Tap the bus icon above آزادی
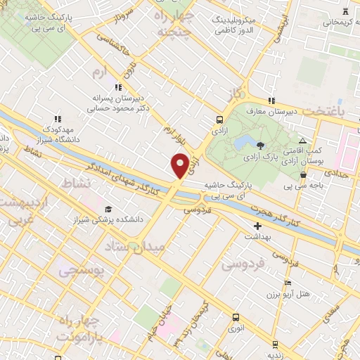tap(220, 120)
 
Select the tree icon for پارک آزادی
tap(261, 146)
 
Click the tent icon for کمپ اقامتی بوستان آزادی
tap(302, 141)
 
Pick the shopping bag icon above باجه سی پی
tap(303, 175)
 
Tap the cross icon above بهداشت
tap(257, 226)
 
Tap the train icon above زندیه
tap(274, 345)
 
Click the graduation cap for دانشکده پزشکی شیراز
tap(108, 209)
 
